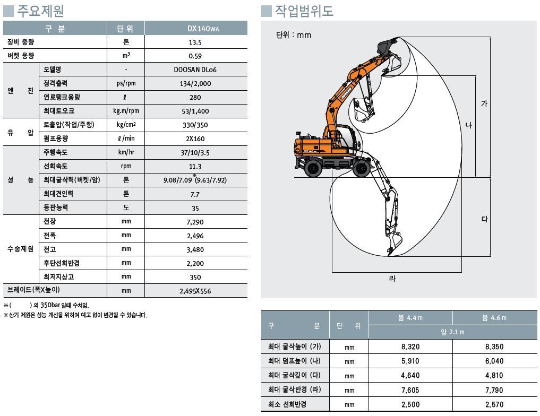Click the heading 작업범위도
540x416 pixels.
[304, 10]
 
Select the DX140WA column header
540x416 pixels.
[195, 29]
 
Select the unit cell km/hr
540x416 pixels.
[126, 153]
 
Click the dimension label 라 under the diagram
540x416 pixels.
[392, 279]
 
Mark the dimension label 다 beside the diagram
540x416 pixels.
[484, 219]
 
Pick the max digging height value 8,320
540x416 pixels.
[412, 347]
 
